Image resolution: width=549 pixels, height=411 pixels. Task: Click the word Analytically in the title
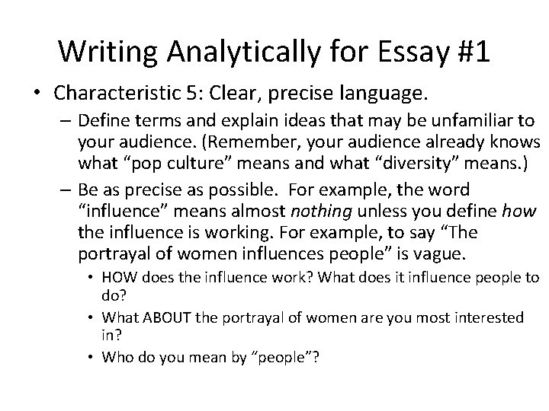pos(232,51)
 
